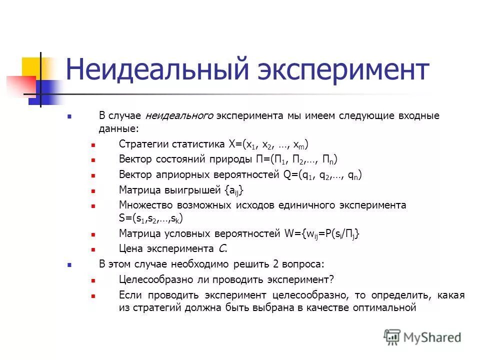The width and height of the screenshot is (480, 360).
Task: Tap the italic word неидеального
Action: (x=180, y=116)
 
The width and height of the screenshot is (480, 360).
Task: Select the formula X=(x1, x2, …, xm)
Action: (x=268, y=145)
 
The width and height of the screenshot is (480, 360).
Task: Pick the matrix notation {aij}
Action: (x=235, y=190)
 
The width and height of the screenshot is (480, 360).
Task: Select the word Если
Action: (x=129, y=294)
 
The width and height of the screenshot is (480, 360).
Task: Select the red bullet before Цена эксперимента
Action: (x=93, y=249)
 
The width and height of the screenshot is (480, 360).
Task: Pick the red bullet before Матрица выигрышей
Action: (x=93, y=191)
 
